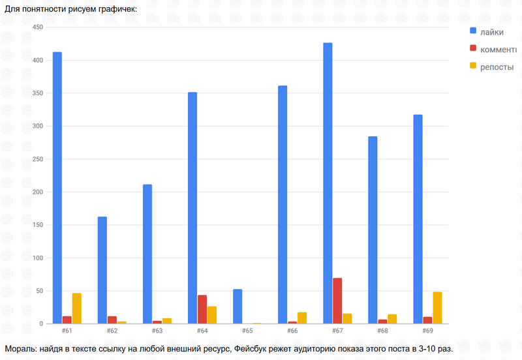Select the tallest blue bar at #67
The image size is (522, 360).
click(x=328, y=183)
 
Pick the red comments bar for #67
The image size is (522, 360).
click(x=337, y=301)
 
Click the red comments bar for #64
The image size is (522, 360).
click(x=202, y=309)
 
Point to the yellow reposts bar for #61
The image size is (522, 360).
click(x=77, y=308)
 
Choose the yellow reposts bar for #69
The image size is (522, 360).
click(x=437, y=308)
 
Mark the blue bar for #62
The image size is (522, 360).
click(x=102, y=270)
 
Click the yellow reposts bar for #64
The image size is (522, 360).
click(x=212, y=315)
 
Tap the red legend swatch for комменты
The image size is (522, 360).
click(x=473, y=49)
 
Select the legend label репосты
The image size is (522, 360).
click(x=497, y=67)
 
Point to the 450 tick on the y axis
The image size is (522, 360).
click(x=37, y=27)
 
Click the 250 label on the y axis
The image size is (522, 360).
click(x=37, y=159)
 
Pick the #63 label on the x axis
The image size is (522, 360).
click(x=157, y=331)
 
